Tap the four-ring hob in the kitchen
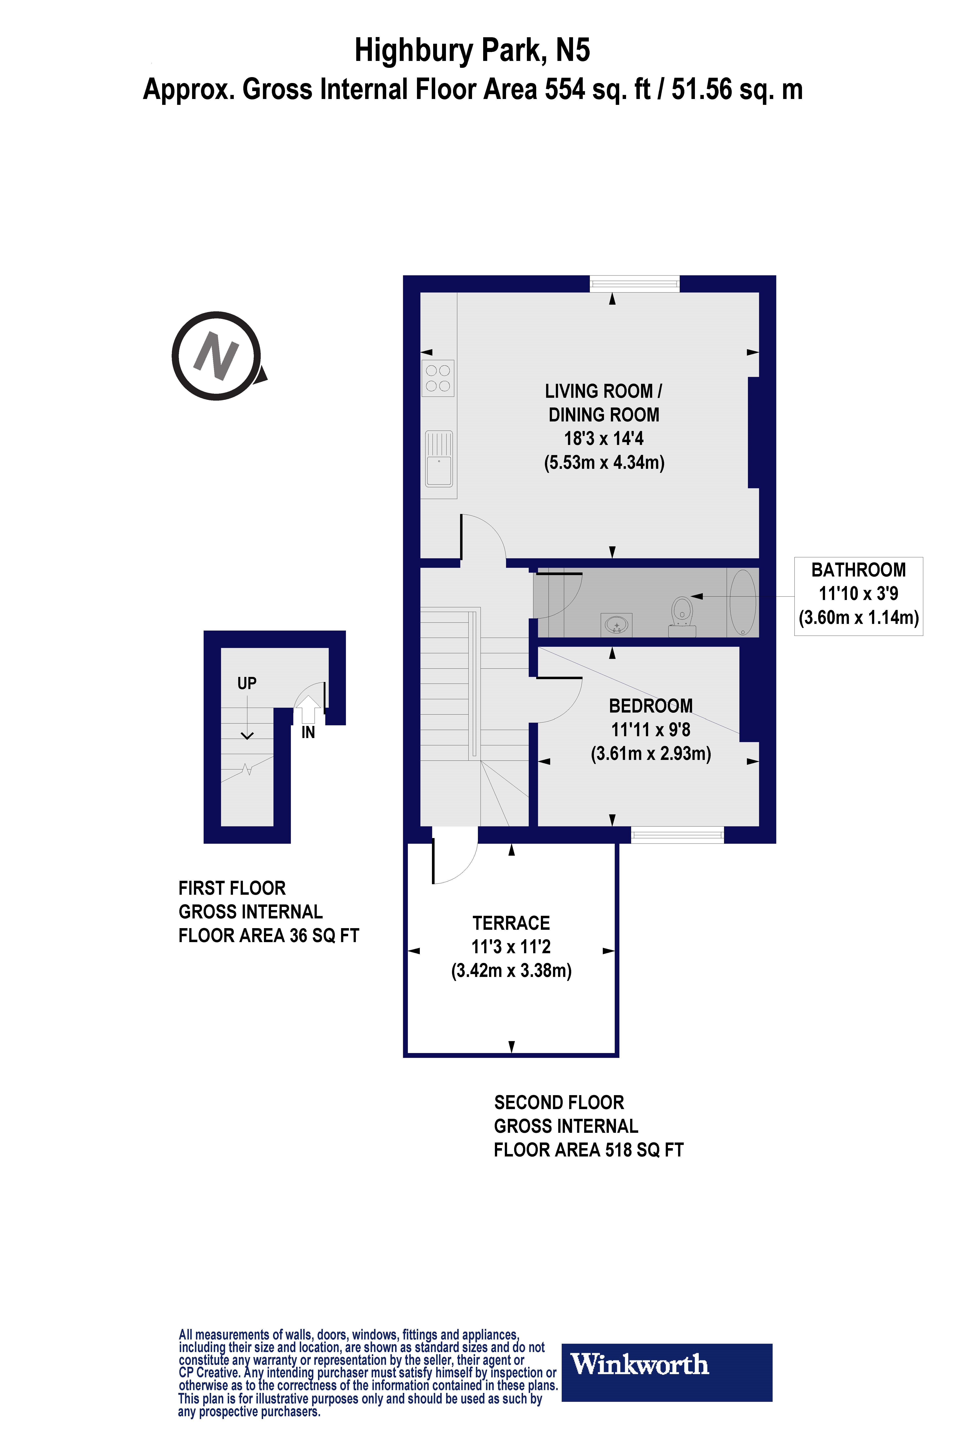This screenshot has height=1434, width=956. [438, 378]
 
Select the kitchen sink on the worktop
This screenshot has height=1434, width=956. [438, 458]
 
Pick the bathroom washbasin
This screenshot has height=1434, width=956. [616, 625]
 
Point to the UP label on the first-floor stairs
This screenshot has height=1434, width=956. [247, 683]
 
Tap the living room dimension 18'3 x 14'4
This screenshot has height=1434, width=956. [604, 438]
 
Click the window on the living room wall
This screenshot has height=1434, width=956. [634, 284]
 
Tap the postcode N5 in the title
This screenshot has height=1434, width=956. [572, 51]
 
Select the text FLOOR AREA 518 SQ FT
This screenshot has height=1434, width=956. [588, 1150]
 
